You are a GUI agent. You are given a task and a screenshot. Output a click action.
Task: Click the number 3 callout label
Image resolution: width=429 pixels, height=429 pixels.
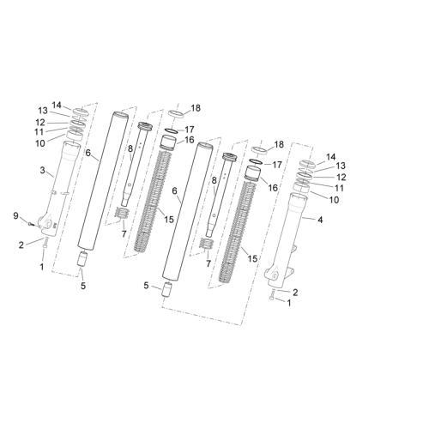click(42, 171)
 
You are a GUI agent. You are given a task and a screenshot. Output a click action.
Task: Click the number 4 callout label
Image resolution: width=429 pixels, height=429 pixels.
click(320, 220)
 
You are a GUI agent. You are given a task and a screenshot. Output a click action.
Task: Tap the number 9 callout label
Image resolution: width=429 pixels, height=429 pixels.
click(15, 216)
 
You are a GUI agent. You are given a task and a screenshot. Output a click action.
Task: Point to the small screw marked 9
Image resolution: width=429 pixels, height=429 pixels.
click(30, 224)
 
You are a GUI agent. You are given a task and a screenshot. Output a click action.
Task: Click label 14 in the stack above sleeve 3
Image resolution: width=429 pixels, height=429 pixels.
click(57, 106)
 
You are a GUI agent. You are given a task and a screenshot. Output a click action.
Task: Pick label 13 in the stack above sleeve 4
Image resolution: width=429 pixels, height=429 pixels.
click(341, 166)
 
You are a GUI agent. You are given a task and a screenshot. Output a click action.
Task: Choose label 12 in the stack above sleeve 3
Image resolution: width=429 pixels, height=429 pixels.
click(40, 123)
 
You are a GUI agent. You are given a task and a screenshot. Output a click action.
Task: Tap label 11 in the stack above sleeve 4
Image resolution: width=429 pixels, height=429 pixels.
click(339, 188)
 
